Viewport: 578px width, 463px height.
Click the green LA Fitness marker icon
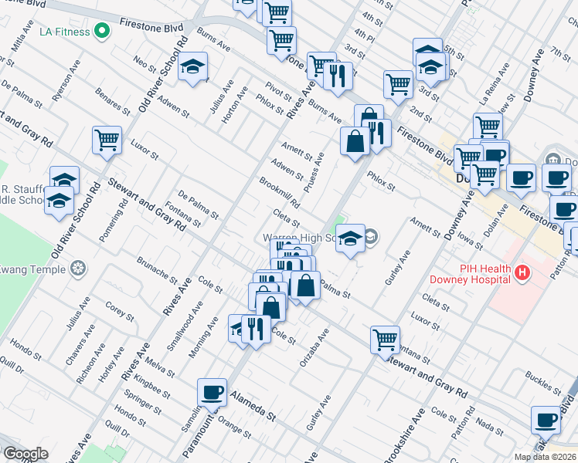pos(101,32)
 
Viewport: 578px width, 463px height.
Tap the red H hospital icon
pos(523,272)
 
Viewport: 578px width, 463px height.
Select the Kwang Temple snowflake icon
pos(77,269)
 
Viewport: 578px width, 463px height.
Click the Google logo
pos(25,454)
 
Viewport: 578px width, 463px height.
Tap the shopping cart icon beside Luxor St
pos(107,140)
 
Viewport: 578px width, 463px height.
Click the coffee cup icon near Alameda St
pos(212,392)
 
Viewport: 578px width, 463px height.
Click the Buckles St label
pos(540,383)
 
